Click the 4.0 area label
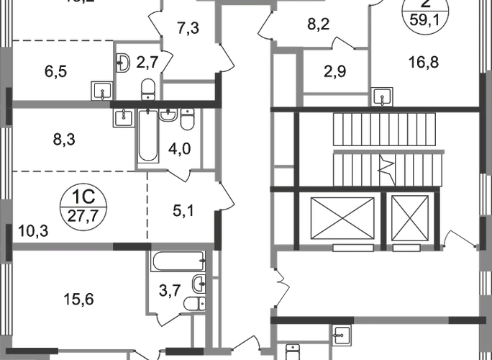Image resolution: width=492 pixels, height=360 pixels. (x=176, y=151)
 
